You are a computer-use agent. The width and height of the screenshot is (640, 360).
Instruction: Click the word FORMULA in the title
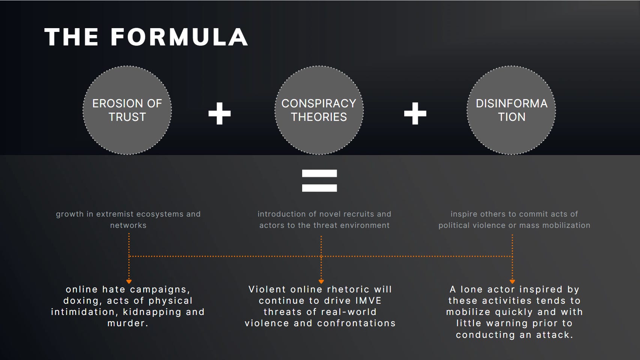(179, 37)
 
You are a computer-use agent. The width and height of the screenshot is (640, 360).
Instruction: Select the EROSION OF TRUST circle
(127, 110)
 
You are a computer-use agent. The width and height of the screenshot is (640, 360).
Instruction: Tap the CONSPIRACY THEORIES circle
(319, 110)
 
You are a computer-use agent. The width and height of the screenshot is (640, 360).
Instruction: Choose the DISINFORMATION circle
(511, 110)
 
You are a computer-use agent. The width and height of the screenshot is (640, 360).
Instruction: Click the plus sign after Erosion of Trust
(220, 113)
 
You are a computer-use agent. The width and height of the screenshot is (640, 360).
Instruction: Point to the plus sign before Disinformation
(415, 113)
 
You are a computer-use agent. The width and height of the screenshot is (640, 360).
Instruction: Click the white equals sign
(319, 181)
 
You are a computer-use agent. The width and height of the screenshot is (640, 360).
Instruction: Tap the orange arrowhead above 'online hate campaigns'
(129, 281)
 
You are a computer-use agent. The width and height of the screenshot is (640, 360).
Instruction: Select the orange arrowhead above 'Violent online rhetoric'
(321, 281)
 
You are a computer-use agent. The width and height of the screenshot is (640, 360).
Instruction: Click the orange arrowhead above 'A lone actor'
(512, 281)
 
